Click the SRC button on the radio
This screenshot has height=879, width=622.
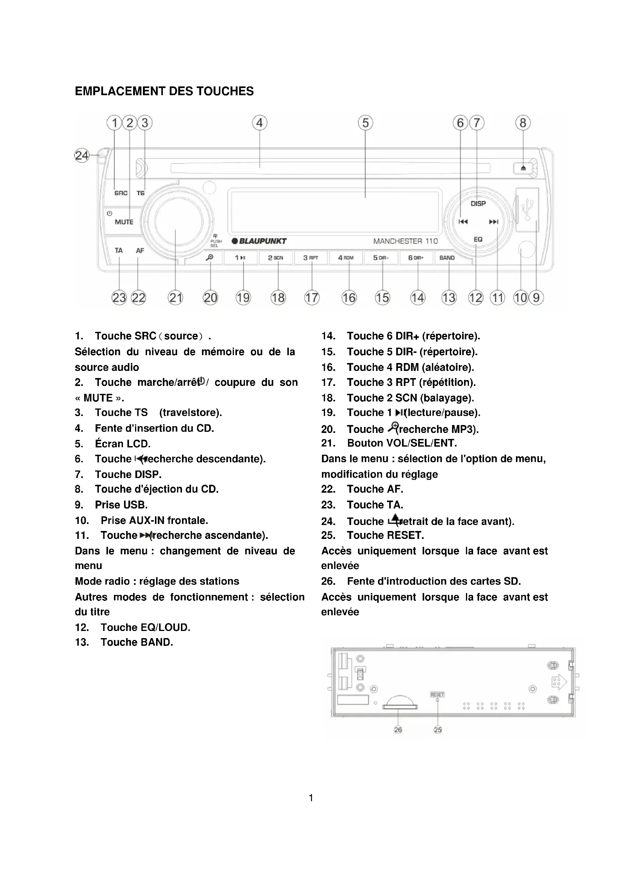click(121, 193)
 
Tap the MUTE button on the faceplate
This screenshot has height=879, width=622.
click(124, 222)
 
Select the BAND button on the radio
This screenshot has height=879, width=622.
click(447, 258)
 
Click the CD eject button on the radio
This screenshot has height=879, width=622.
click(523, 168)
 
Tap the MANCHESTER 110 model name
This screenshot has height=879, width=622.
click(405, 241)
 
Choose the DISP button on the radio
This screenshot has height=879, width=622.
click(478, 204)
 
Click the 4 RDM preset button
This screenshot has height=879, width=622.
click(346, 258)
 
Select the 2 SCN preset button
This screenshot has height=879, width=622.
click(275, 258)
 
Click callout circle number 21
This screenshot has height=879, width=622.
click(175, 298)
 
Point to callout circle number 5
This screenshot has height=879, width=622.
click(366, 123)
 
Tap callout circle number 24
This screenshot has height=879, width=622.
click(82, 156)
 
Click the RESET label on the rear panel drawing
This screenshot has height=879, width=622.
click(437, 694)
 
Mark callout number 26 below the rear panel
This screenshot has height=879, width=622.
click(398, 730)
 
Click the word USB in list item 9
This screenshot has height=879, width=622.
click(135, 505)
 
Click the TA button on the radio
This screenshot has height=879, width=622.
click(119, 251)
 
